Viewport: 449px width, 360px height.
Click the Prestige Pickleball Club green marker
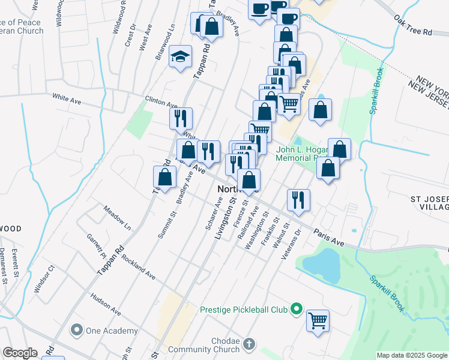coord(295,310)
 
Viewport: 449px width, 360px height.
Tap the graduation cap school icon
coord(180,57)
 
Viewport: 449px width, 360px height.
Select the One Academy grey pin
coord(76,329)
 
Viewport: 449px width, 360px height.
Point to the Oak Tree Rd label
coord(414,28)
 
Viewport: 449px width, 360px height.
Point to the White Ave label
coord(67,97)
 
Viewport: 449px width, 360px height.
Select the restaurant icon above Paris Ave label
coord(298,200)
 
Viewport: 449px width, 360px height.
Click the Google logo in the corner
coord(20,353)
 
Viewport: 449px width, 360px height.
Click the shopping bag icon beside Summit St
coord(165,178)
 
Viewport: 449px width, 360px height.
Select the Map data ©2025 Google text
coord(411,355)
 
